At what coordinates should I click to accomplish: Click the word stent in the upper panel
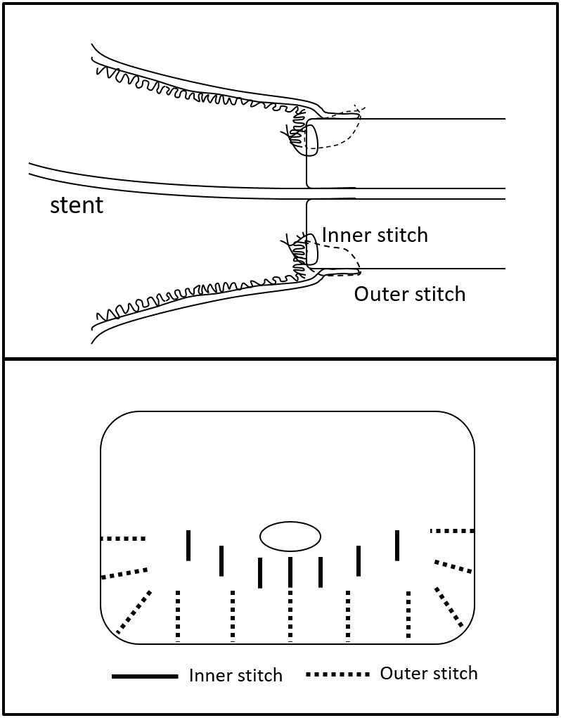76,205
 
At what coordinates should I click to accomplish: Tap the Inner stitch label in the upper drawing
375,234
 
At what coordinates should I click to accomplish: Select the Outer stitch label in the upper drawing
409,293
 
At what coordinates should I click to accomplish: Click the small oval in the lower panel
290,537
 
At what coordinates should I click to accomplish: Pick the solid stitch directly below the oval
290,571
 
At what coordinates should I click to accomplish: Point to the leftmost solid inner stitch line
188,545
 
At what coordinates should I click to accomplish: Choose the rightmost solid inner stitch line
397,545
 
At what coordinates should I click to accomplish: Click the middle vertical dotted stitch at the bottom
290,615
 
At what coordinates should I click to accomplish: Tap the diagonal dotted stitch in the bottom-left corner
134,612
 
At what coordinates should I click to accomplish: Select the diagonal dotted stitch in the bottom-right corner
449,606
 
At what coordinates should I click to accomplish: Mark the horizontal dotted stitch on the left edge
123,539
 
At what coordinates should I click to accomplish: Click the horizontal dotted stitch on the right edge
452,531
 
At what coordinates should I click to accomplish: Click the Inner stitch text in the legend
236,676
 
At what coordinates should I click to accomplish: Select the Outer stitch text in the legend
428,673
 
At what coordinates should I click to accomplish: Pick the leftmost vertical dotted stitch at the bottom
178,615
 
